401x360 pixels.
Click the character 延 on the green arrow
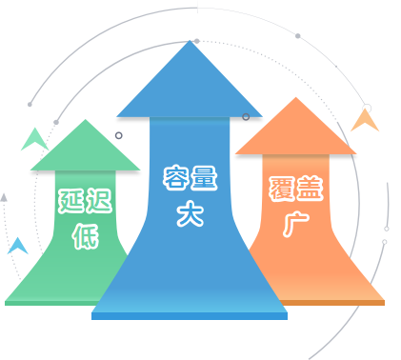71,201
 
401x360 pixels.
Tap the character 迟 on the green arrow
99,201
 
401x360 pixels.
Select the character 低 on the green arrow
85,236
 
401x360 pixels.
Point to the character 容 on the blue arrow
176,177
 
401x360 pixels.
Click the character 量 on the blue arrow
204,177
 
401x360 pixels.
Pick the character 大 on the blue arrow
190,213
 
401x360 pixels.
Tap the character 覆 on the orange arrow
282,189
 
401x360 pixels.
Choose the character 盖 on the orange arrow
310,189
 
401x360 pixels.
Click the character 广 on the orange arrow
295,225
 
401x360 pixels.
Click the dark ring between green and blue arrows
119,135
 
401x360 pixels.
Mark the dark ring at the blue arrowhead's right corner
246,117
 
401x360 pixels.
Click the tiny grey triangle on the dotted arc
4,197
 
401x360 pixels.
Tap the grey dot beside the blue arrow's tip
197,41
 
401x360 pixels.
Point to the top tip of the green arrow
86,119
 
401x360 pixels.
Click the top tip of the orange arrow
296,97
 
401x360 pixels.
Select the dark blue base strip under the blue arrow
190,316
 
